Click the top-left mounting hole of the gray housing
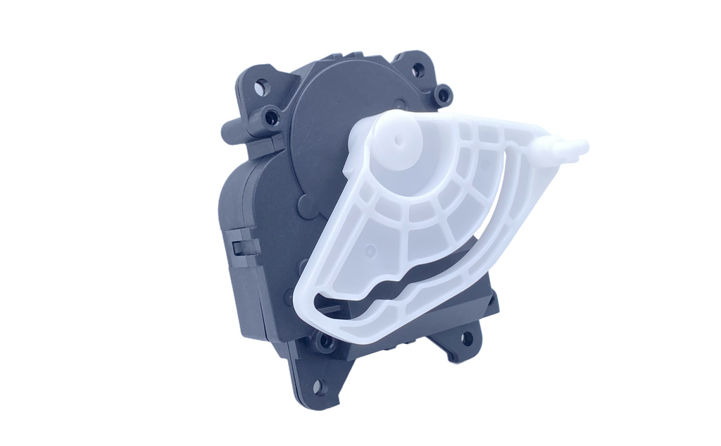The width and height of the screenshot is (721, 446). (261, 87)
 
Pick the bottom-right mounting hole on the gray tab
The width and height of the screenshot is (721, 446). (466, 339)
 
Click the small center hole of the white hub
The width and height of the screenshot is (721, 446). (399, 140)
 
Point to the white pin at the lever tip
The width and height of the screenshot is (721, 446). (569, 147)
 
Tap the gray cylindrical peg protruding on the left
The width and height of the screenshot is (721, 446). (232, 131)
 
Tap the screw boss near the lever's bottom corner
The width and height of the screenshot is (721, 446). (325, 343)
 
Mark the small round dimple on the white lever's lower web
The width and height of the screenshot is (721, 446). (370, 249)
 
